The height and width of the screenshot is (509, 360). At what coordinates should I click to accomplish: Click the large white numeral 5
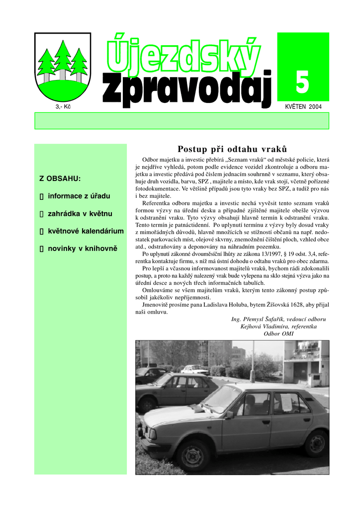pyautogui.click(x=302, y=82)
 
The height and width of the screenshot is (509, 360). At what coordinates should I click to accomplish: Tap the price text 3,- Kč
pyautogui.click(x=63, y=107)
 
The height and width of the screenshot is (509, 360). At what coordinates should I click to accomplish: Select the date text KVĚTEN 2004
pyautogui.click(x=303, y=107)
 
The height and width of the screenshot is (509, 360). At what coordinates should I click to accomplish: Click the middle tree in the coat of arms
pyautogui.click(x=63, y=57)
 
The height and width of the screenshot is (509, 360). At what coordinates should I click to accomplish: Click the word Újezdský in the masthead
pyautogui.click(x=183, y=56)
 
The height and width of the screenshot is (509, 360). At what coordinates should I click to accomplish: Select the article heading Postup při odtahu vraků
pyautogui.click(x=232, y=149)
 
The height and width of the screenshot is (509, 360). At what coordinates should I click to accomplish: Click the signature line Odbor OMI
pyautogui.click(x=278, y=334)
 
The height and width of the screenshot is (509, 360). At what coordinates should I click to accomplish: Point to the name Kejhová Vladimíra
pyautogui.click(x=262, y=327)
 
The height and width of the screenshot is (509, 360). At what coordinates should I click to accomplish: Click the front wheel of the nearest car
pyautogui.click(x=192, y=454)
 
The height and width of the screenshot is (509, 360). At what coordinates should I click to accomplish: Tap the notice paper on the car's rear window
pyautogui.click(x=286, y=402)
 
